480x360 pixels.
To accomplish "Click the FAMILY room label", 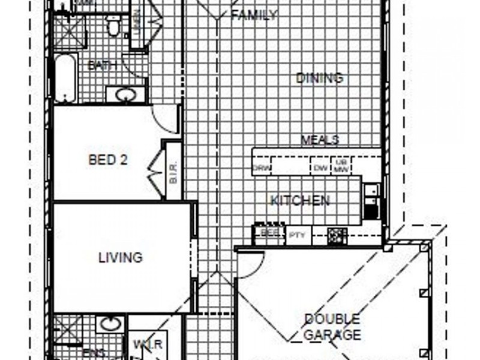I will tap(254, 15).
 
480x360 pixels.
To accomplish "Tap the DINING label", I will tap(320, 78).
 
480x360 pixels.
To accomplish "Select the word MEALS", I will tap(320, 140).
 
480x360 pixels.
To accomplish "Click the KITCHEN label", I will tap(299, 200).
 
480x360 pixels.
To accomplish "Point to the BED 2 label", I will tap(108, 160).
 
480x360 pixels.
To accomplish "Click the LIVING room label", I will tap(121, 257).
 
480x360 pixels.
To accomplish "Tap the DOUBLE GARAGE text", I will tap(332, 326).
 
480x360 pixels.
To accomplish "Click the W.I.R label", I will tap(149, 344).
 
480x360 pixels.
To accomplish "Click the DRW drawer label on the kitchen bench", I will tap(262, 169).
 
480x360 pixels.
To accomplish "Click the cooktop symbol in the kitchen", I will tap(337, 235).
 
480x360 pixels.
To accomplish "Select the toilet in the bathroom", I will tap(113, 25).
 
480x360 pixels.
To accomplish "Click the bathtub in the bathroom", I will tap(65, 78).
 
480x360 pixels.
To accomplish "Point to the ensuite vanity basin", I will tap(109, 325).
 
